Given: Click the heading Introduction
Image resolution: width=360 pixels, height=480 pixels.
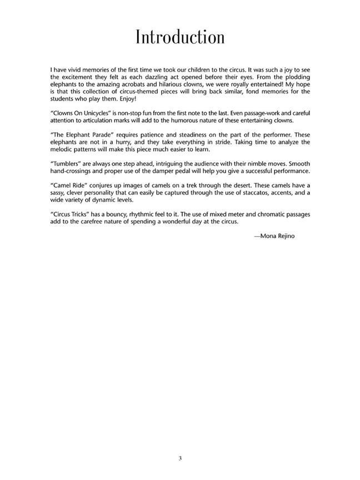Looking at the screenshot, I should [x=180, y=37].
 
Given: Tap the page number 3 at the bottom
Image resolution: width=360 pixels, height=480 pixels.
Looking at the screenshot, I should [x=180, y=458].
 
